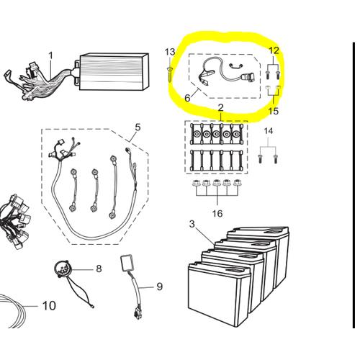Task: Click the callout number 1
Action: coord(50,55)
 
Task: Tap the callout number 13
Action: coord(170,52)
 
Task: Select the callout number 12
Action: coord(274,50)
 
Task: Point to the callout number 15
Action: coord(274,111)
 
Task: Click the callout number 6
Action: coord(187,98)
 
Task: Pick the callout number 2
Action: coord(221,107)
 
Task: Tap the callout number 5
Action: coord(138,127)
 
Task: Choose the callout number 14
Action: coord(269,131)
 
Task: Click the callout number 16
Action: coord(217,213)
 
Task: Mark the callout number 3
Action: coord(192,224)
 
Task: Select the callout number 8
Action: coord(99,269)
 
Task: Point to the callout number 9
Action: coord(160,287)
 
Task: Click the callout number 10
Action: coord(49,306)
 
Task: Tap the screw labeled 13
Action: coord(170,75)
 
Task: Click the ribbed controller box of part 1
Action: coord(114,72)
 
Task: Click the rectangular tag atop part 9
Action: coord(127,263)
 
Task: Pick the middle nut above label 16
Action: coord(217,183)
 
